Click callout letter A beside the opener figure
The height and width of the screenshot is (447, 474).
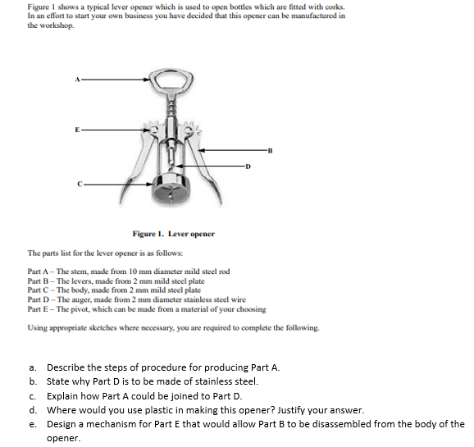click(x=77, y=80)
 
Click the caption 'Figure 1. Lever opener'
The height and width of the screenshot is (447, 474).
click(x=174, y=234)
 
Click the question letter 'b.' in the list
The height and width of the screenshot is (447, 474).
click(x=33, y=381)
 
